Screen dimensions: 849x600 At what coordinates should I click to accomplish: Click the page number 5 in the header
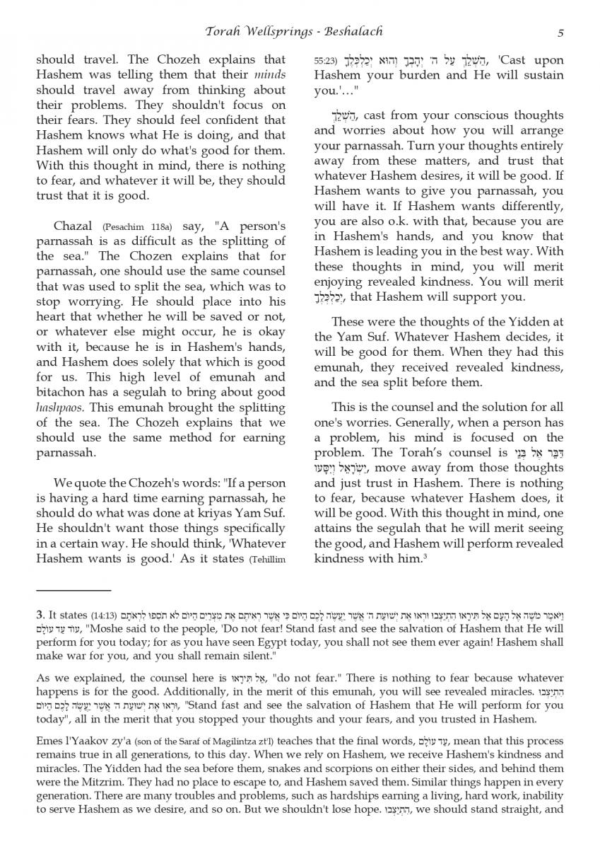pos(560,32)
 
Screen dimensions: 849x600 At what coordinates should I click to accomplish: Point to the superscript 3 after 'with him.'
pos(423,558)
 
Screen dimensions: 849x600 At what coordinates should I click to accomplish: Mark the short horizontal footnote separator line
pos(73,589)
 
